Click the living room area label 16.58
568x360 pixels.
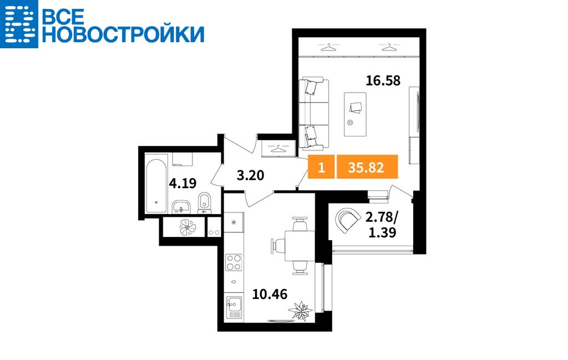pyautogui.click(x=383, y=80)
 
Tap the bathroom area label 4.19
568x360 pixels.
pyautogui.click(x=182, y=183)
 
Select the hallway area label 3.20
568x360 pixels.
pyautogui.click(x=250, y=175)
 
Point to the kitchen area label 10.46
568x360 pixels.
pyautogui.click(x=270, y=294)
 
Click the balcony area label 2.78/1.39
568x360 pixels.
pyautogui.click(x=382, y=225)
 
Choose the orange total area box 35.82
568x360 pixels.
pyautogui.click(x=367, y=167)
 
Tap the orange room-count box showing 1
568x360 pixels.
pyautogui.click(x=321, y=167)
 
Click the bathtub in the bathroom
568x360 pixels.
pyautogui.click(x=156, y=186)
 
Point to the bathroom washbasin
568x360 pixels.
pyautogui.click(x=180, y=206)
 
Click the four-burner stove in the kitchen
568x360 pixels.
pyautogui.click(x=234, y=262)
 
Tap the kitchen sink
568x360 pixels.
pyautogui.click(x=234, y=307)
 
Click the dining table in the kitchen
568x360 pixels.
pyautogui.click(x=300, y=246)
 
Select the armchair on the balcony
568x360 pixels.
pyautogui.click(x=347, y=220)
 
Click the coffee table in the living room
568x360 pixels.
pyautogui.click(x=354, y=114)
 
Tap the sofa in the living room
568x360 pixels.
pyautogui.click(x=313, y=113)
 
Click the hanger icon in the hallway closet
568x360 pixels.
pyautogui.click(x=278, y=148)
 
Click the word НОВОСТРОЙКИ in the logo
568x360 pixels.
pyautogui.click(x=123, y=34)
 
